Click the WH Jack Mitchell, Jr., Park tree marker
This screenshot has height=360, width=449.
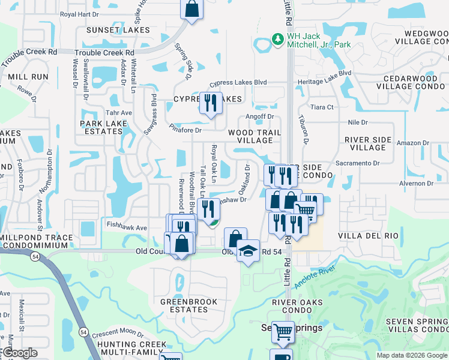tap(277, 38)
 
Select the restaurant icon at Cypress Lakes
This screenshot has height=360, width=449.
tap(211, 104)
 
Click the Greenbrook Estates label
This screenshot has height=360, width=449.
tap(184, 305)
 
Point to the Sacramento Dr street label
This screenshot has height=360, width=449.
tap(358, 163)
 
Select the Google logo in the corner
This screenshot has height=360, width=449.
tap(20, 353)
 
